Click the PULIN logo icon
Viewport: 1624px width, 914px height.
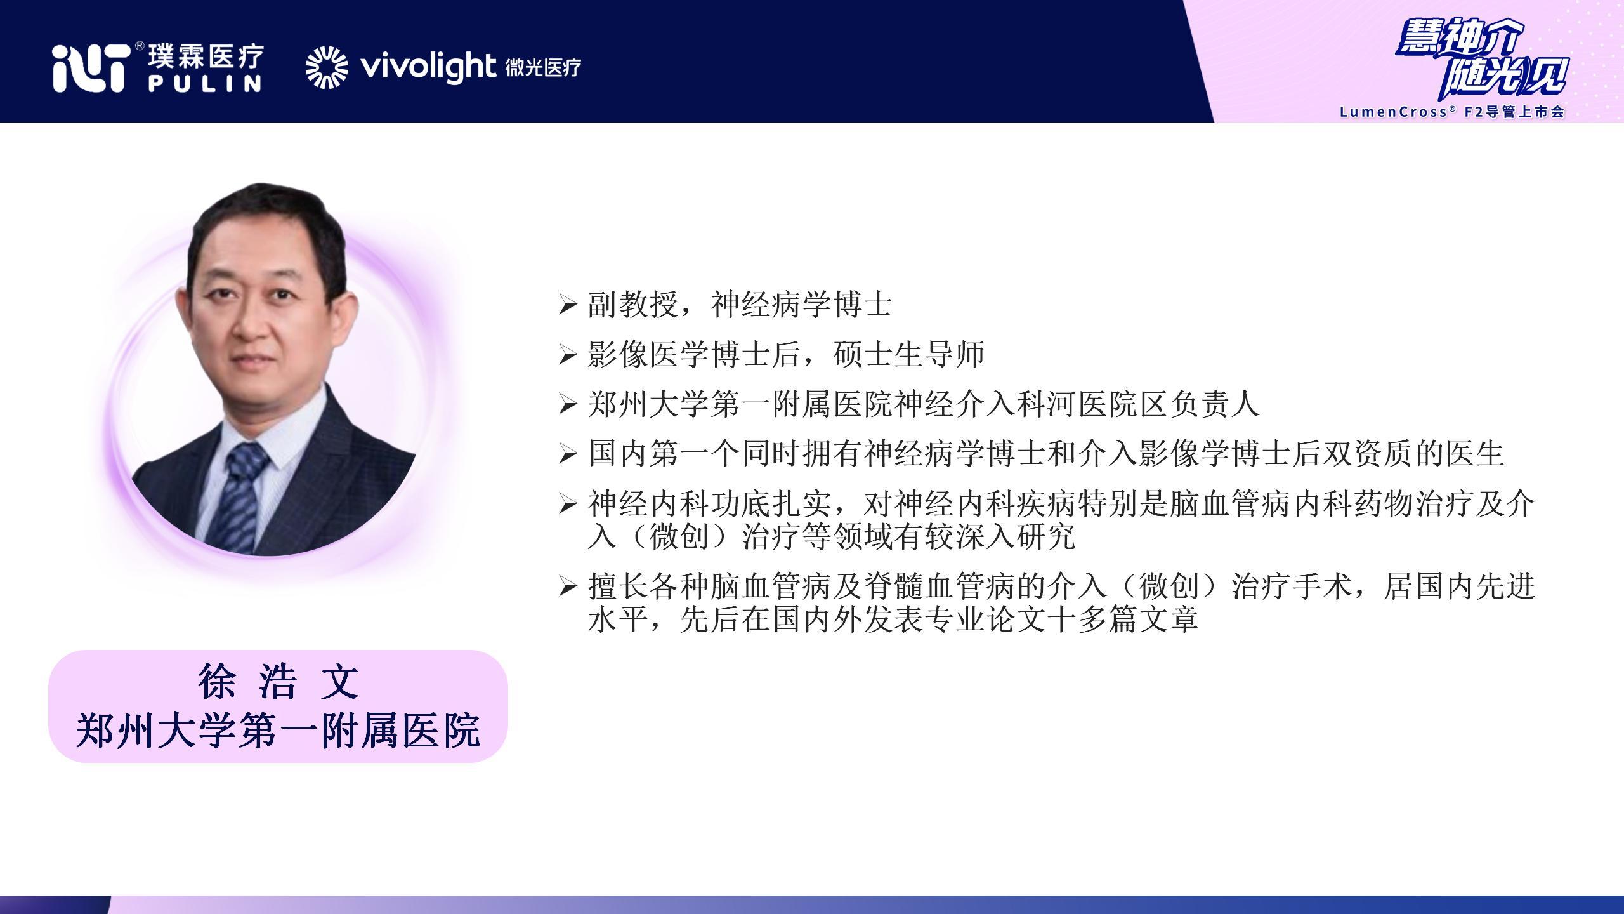pos(89,69)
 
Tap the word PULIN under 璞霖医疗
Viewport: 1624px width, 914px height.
pos(205,84)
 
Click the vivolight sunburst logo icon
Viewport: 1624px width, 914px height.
pos(327,67)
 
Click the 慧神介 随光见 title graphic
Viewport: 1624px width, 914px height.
pos(1482,63)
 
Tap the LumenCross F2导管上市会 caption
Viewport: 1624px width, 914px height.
pos(1452,112)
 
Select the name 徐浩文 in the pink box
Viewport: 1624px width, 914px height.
pos(278,682)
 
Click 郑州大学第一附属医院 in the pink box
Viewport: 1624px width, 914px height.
pos(278,731)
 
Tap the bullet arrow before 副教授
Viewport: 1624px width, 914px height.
pos(567,305)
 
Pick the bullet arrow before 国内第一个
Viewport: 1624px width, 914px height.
pos(567,454)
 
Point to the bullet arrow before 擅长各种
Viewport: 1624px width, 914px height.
pos(567,587)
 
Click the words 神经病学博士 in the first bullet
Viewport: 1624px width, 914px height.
pos(801,305)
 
